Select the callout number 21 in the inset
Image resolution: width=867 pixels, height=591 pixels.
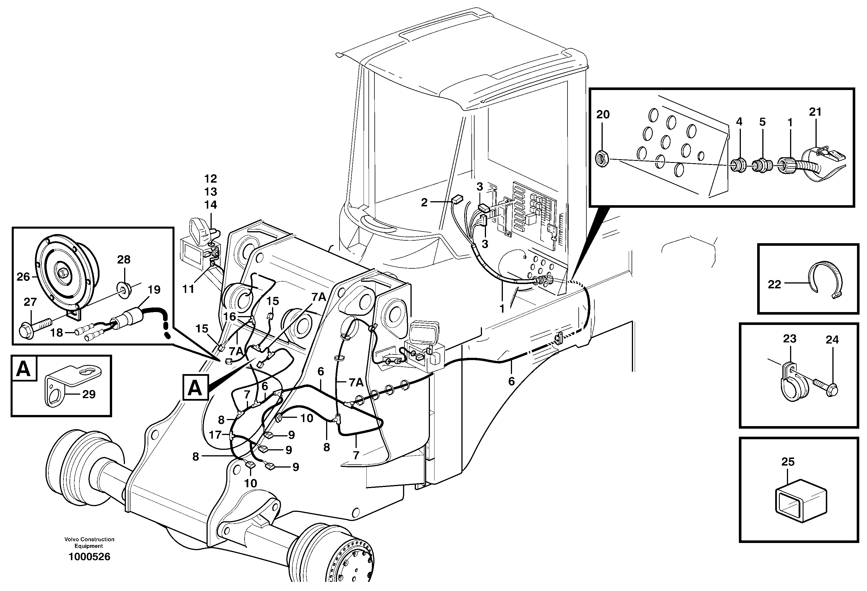click(815, 112)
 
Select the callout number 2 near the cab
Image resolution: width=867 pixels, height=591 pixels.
click(424, 202)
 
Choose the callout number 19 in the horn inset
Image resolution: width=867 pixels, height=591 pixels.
click(154, 289)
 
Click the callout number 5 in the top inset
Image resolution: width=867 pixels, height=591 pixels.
click(763, 122)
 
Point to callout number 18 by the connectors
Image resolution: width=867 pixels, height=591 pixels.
click(57, 332)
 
